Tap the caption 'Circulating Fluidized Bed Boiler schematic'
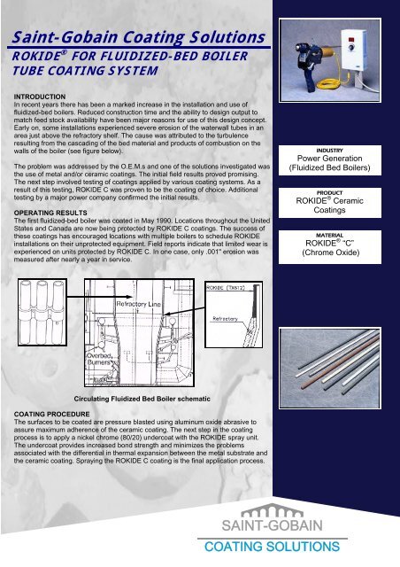click(x=151, y=400)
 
